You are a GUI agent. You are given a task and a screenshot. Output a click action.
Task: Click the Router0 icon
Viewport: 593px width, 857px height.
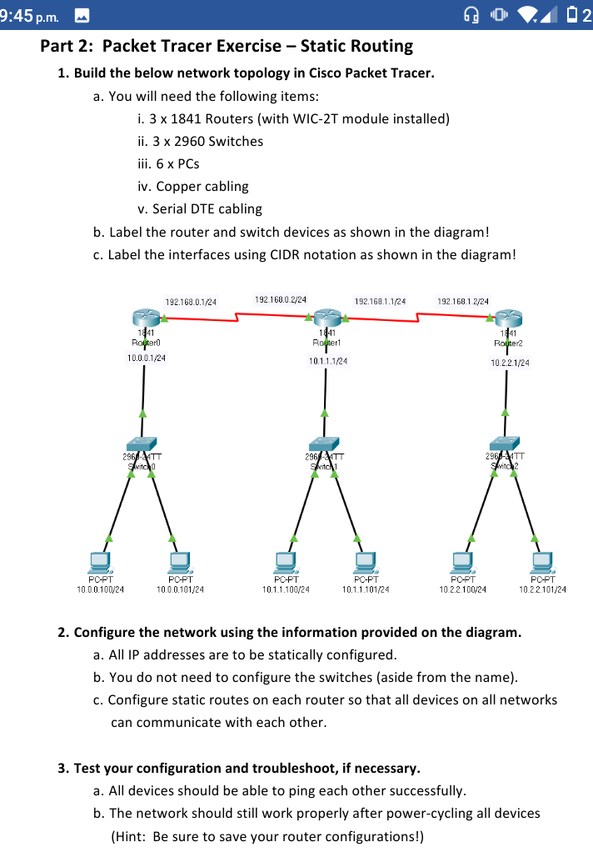(145, 317)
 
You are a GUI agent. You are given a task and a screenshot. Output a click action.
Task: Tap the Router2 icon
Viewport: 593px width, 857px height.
(507, 318)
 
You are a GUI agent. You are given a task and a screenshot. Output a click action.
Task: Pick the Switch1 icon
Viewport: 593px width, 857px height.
(323, 444)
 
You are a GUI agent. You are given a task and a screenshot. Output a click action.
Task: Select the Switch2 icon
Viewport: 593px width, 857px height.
(505, 444)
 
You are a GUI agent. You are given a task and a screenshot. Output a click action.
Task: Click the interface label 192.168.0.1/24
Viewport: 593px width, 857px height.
(191, 301)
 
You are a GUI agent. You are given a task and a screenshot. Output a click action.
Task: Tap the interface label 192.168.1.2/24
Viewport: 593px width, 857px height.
(463, 300)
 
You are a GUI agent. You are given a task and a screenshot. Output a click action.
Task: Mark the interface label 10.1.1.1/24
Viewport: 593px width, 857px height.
(328, 361)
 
